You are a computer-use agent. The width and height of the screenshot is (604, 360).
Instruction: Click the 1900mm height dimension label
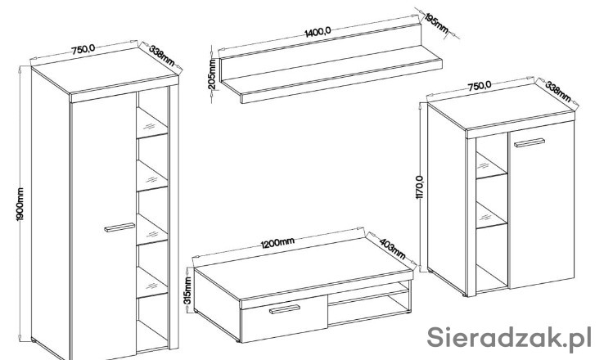(20, 204)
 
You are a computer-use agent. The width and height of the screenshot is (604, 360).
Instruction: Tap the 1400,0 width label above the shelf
(318, 32)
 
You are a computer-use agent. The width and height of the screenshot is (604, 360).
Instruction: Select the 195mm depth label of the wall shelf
(436, 23)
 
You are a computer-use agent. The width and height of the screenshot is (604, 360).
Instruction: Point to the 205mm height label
(212, 74)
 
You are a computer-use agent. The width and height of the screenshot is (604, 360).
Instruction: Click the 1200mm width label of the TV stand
(277, 243)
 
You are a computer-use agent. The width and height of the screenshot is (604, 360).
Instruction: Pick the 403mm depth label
(393, 249)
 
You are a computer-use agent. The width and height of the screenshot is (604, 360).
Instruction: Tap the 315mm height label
(187, 290)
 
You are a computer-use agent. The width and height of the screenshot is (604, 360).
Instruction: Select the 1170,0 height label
(420, 187)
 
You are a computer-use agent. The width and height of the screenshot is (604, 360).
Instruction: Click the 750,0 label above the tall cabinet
(83, 49)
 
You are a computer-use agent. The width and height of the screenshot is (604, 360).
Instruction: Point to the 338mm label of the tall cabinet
(162, 56)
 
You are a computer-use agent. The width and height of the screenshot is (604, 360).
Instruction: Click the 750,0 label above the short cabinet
(480, 86)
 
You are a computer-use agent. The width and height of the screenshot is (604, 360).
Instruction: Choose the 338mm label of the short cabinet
(558, 92)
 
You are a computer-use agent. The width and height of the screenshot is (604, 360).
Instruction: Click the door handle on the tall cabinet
(119, 227)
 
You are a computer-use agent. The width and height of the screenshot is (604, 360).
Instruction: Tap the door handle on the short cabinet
(530, 142)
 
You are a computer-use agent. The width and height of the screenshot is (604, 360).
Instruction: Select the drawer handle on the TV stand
(285, 309)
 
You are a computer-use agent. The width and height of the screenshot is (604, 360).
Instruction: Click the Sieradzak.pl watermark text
(509, 338)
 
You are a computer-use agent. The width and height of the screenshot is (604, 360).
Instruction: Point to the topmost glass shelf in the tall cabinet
(151, 124)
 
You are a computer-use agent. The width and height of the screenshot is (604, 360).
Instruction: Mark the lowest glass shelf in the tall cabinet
(151, 283)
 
